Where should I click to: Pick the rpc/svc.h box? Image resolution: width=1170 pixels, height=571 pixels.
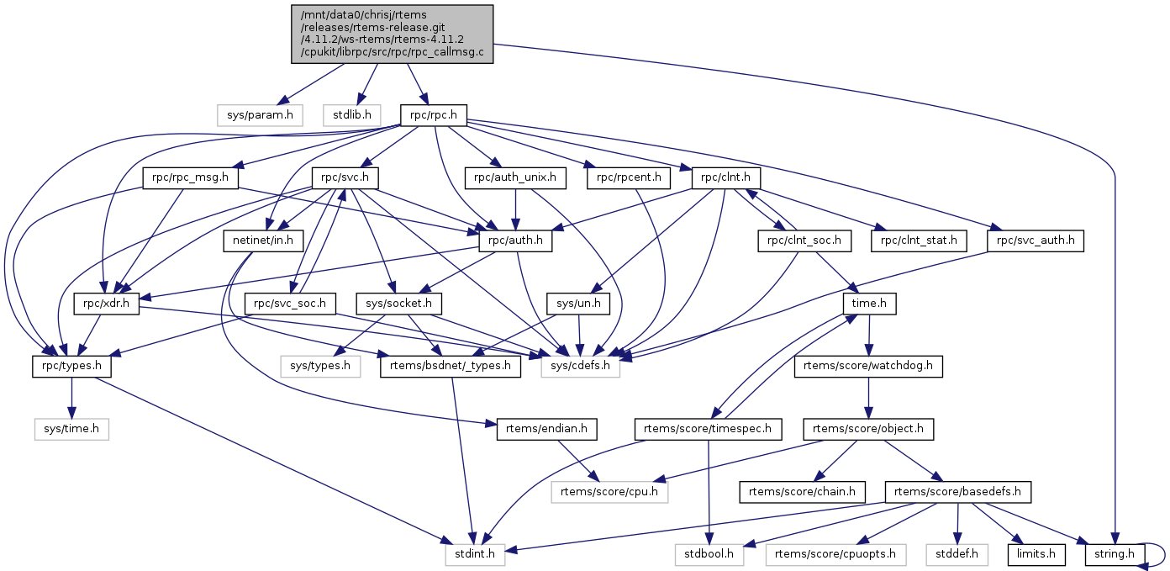point(345,178)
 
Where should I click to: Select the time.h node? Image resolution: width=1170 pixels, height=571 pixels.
point(870,304)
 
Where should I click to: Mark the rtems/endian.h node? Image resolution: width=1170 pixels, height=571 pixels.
point(547,429)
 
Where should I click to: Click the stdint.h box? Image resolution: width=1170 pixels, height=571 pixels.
point(475,554)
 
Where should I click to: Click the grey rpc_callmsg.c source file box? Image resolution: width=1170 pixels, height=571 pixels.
point(393,34)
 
